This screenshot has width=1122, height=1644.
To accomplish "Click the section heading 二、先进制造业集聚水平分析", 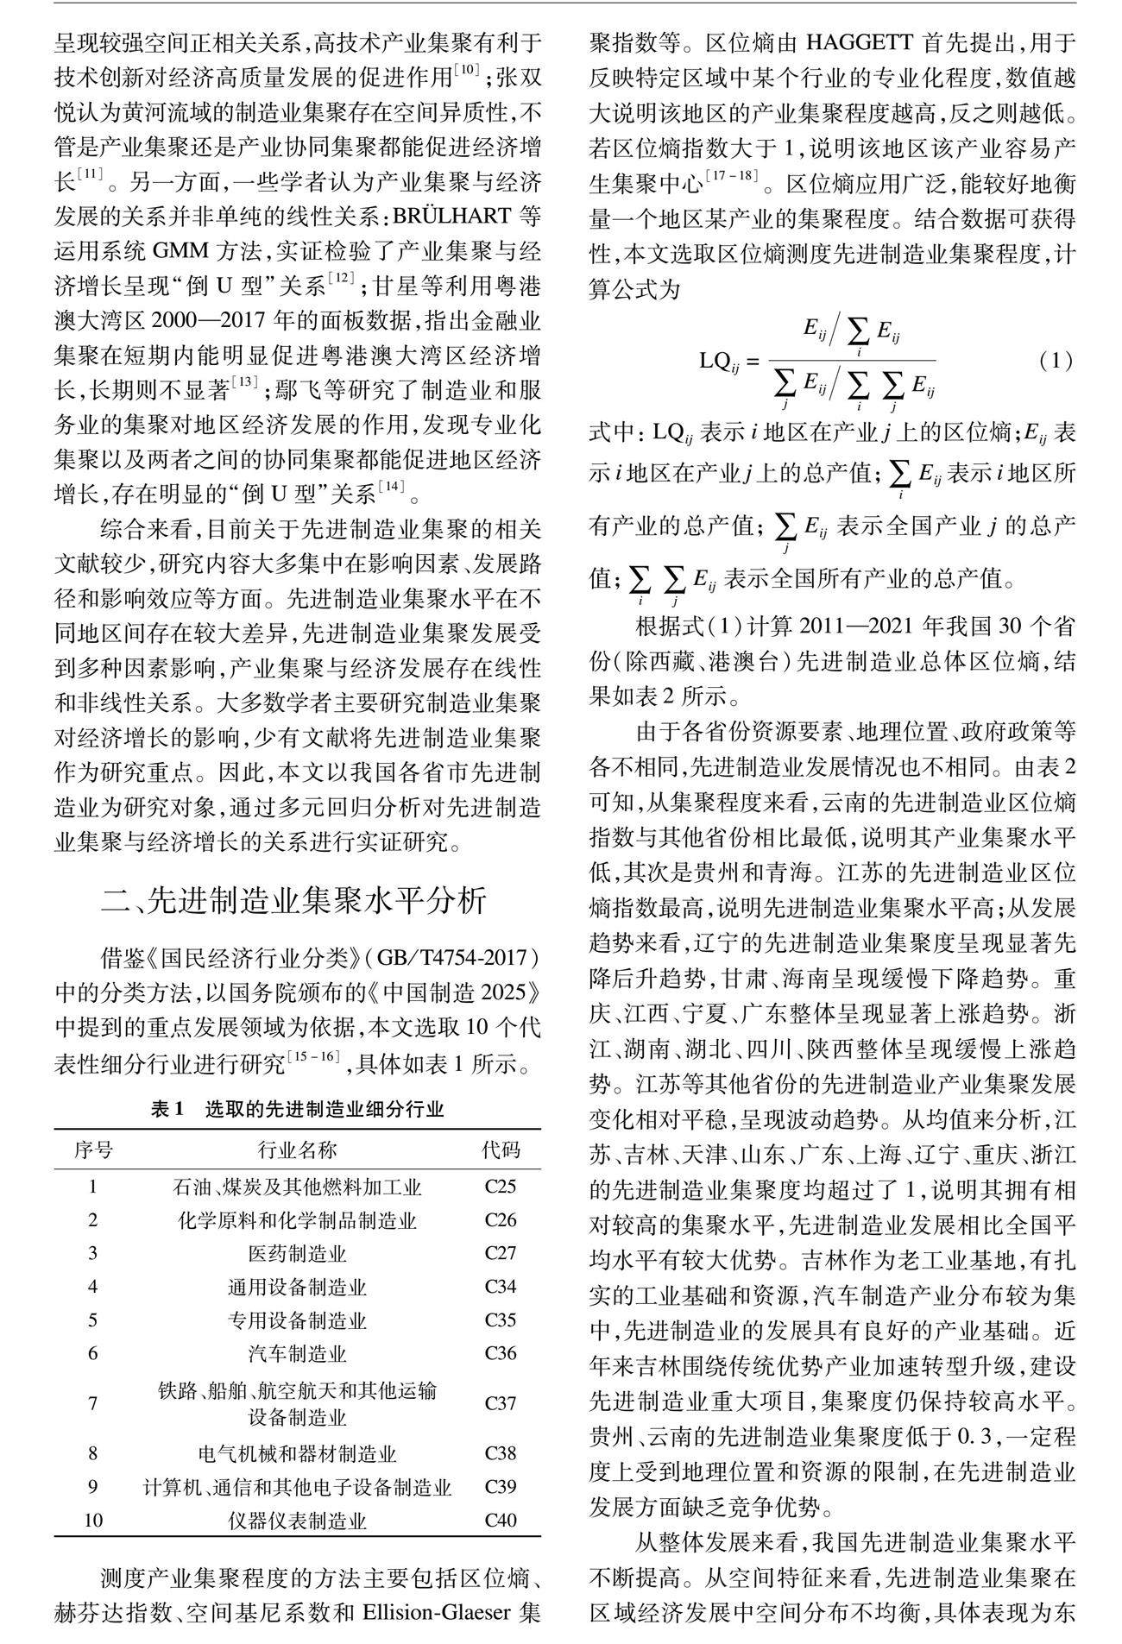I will point(293,901).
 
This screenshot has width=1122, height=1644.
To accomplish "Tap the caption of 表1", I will point(298,1109).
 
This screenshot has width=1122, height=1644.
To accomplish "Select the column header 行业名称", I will point(298,1150).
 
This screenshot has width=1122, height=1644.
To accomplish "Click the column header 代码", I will point(501,1150).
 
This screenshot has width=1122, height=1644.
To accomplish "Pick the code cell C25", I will point(501,1187).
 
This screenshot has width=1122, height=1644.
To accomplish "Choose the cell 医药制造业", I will point(298,1253).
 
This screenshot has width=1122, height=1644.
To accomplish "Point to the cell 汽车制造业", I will point(298,1353).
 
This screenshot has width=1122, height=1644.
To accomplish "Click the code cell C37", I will point(501,1403).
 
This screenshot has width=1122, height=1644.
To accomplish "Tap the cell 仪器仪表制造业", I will point(298,1521).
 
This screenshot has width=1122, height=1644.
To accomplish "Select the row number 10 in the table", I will point(92,1521).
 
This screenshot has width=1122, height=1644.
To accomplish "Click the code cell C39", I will point(501,1487).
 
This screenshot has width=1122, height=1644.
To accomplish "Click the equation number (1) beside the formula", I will point(1055,361).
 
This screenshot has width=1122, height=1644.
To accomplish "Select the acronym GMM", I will point(180,251).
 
